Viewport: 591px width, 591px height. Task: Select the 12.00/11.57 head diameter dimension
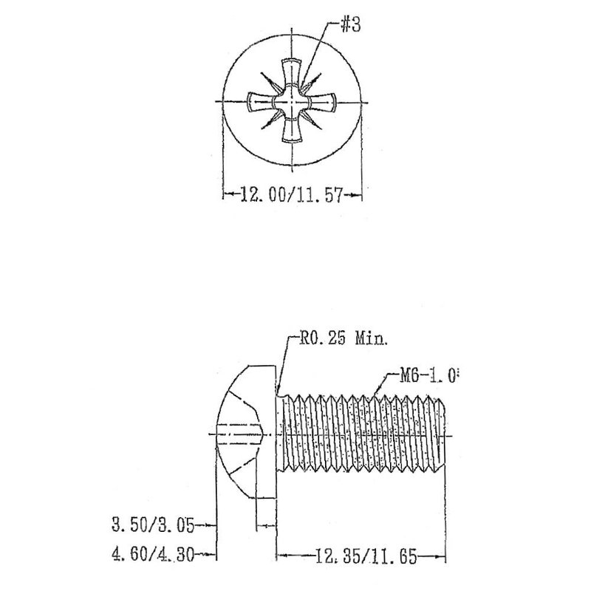(x=291, y=196)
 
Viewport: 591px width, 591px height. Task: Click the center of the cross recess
(x=291, y=101)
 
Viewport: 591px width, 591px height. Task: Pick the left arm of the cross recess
(x=260, y=101)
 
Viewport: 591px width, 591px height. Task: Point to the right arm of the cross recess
(x=321, y=101)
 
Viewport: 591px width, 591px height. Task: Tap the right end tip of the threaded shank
(x=445, y=436)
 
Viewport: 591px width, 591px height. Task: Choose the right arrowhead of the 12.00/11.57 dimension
(x=358, y=196)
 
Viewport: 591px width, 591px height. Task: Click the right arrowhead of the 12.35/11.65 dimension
(x=445, y=556)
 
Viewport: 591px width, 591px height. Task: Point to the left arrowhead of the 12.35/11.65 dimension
(x=282, y=556)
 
